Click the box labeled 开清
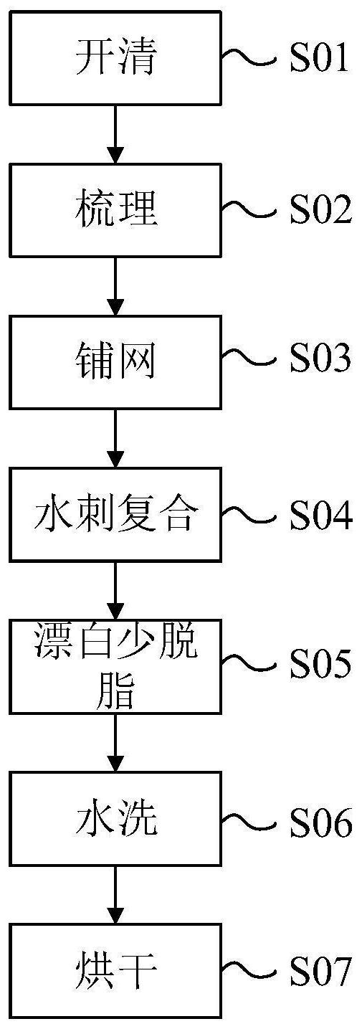pyautogui.click(x=115, y=58)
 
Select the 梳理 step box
pyautogui.click(x=115, y=210)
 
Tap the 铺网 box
pyautogui.click(x=115, y=362)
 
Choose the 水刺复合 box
pyautogui.click(x=115, y=515)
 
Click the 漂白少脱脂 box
pyautogui.click(x=115, y=667)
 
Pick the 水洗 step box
pyautogui.click(x=115, y=819)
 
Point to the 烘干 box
pyautogui.click(x=115, y=971)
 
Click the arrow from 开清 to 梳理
pyautogui.click(x=115, y=134)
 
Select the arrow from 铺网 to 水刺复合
pyautogui.click(x=115, y=438)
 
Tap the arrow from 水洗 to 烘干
pyautogui.click(x=115, y=896)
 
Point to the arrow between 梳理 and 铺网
pyautogui.click(x=115, y=286)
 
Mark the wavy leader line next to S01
pyautogui.click(x=249, y=58)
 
